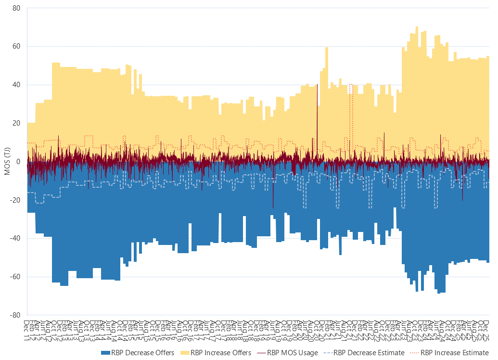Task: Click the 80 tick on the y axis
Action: tap(16, 8)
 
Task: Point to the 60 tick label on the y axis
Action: tap(16, 47)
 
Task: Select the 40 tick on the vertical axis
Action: tap(16, 85)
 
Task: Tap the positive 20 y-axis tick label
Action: tap(16, 123)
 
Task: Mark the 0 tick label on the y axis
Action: tap(18, 162)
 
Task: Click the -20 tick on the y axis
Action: tap(15, 200)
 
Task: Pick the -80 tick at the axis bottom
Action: tap(15, 315)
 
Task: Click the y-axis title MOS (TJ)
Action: tap(7, 162)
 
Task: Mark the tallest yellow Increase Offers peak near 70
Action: tap(417, 28)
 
